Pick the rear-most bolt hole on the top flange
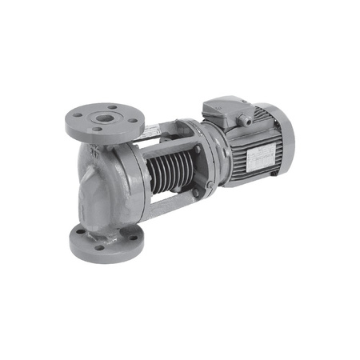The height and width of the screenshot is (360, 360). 110,107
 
